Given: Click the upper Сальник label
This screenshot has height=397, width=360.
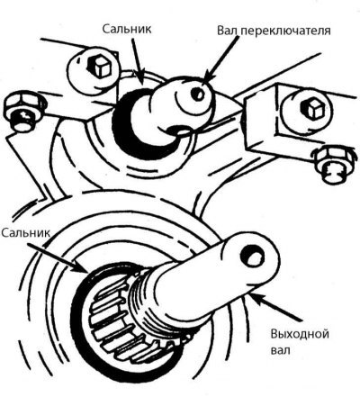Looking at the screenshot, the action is [x=127, y=29].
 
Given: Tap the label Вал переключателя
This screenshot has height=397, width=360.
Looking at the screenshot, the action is [x=274, y=31].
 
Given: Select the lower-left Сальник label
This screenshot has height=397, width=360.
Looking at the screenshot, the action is [x=25, y=233].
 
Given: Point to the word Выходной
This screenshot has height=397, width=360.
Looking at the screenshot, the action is [x=300, y=334].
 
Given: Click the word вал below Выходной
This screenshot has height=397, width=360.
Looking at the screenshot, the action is [x=281, y=350].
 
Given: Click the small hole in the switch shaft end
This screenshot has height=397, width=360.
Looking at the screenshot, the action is [x=198, y=94].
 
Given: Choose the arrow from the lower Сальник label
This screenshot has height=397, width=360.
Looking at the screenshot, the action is [x=58, y=257].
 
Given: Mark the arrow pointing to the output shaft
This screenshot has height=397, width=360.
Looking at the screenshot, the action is [x=274, y=308].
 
